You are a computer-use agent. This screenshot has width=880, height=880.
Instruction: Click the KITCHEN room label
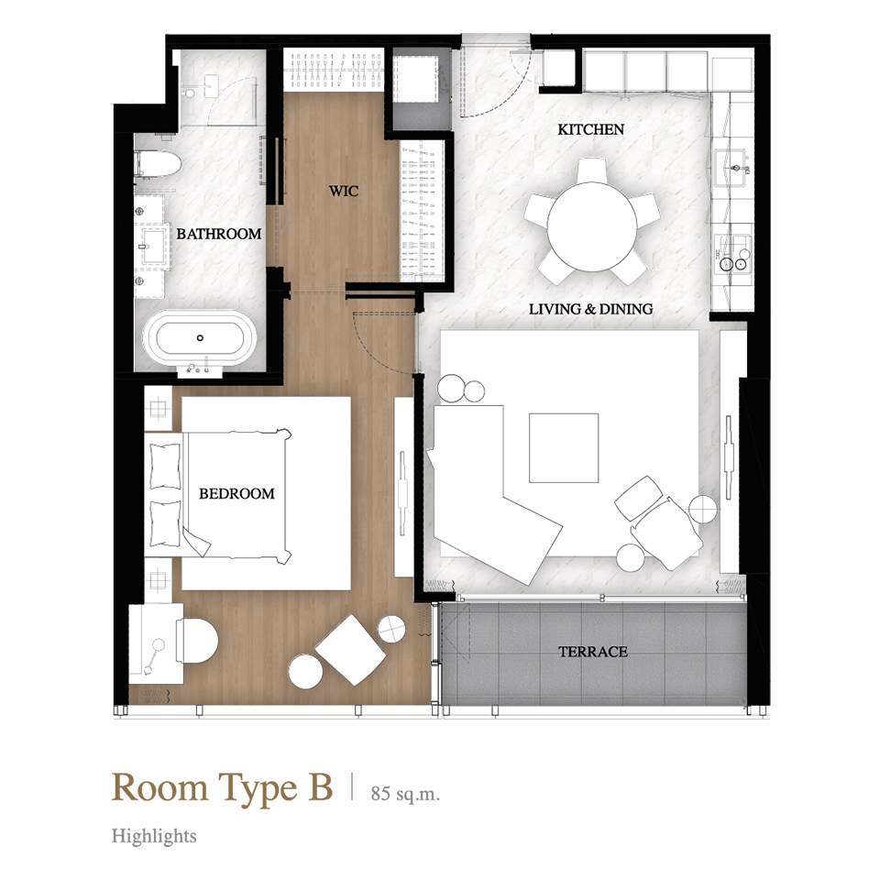click(590, 129)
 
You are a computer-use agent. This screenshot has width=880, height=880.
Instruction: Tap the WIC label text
click(344, 191)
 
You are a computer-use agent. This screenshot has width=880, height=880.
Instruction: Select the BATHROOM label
click(219, 234)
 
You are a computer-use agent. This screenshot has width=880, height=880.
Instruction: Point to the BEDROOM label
click(236, 493)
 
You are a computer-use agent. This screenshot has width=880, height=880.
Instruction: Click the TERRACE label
click(593, 652)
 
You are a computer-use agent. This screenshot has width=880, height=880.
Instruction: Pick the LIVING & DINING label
click(591, 309)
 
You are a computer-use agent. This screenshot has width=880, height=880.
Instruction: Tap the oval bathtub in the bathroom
click(200, 338)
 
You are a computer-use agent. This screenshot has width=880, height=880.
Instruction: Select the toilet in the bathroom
click(159, 164)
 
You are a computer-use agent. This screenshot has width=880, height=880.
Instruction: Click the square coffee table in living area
click(564, 448)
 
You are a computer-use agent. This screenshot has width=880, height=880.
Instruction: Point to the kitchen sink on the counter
click(732, 167)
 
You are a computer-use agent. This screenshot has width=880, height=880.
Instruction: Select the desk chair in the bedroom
click(196, 641)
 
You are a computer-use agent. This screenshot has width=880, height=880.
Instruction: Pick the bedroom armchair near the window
click(350, 650)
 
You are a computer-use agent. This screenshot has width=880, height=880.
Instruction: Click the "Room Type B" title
click(222, 786)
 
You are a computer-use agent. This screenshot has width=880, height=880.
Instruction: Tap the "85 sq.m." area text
click(405, 794)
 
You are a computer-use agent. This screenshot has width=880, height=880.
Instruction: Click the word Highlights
click(154, 836)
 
